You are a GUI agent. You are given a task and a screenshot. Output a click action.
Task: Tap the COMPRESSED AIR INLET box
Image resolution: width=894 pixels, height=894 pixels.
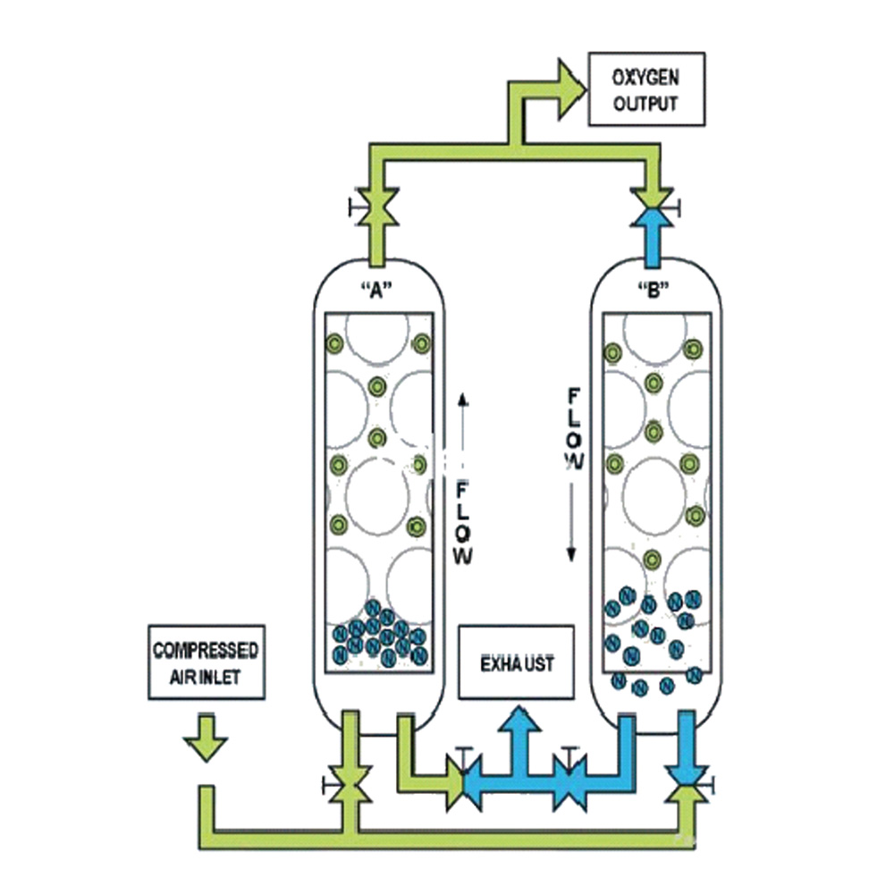[207, 662]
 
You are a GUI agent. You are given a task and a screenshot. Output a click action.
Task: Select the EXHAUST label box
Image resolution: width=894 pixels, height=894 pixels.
[516, 662]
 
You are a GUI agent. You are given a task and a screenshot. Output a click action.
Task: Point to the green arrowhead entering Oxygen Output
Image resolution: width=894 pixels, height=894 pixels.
[568, 88]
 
